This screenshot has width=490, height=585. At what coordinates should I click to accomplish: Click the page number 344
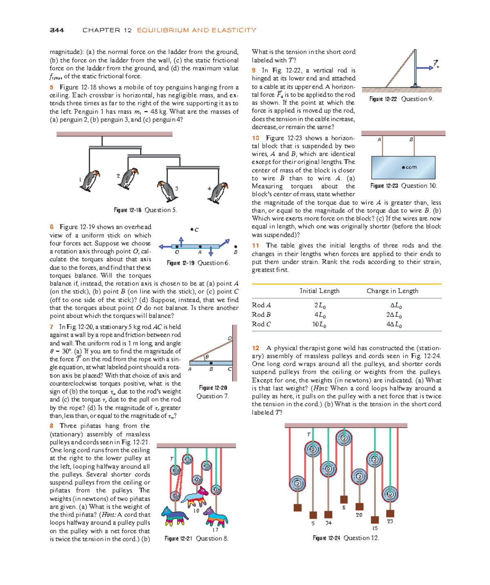tap(57, 30)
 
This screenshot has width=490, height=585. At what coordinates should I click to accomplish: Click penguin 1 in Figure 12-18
tap(89, 180)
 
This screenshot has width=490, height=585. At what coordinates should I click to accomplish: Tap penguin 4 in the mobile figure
tap(218, 192)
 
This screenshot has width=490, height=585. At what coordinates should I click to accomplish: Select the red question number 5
tap(51, 87)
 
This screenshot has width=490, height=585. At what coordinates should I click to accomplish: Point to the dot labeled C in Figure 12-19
tap(192, 229)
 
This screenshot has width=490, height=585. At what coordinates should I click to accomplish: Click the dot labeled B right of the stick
tap(236, 247)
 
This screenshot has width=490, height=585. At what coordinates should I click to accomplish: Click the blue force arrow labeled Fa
tap(425, 68)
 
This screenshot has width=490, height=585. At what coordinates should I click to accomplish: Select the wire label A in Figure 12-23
tap(379, 140)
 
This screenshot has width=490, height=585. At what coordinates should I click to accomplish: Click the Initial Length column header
tap(319, 291)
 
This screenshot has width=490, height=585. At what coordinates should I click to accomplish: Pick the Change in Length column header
tap(392, 291)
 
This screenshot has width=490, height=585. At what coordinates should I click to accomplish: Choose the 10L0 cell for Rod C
tap(319, 325)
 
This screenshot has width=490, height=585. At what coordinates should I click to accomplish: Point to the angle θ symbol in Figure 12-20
tap(207, 356)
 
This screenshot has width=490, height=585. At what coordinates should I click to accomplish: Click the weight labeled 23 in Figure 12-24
tap(390, 514)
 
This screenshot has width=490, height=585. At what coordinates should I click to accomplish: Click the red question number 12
tap(256, 348)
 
